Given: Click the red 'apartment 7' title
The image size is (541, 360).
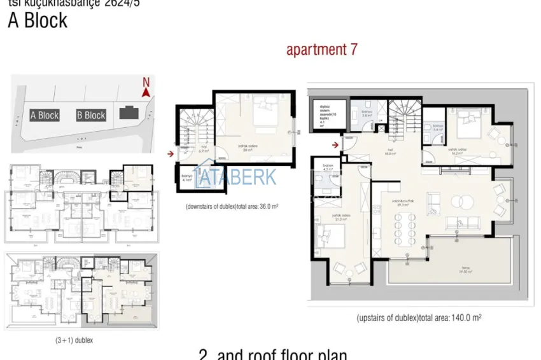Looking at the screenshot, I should point(321,50).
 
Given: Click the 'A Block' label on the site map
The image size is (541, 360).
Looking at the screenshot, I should point(45,115).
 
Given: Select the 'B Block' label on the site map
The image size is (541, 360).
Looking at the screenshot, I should point(91,115).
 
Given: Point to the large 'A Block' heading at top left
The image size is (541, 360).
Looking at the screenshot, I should point(37,20).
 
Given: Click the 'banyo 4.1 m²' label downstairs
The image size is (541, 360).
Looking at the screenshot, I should point(187,179).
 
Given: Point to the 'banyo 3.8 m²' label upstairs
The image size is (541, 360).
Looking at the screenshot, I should point(367,114).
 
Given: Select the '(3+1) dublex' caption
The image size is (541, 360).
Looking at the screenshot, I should point(74,340).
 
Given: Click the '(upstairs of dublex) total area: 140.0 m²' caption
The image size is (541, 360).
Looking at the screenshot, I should point(418,318).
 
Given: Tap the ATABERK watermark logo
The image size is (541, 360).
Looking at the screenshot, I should point(235,176).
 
